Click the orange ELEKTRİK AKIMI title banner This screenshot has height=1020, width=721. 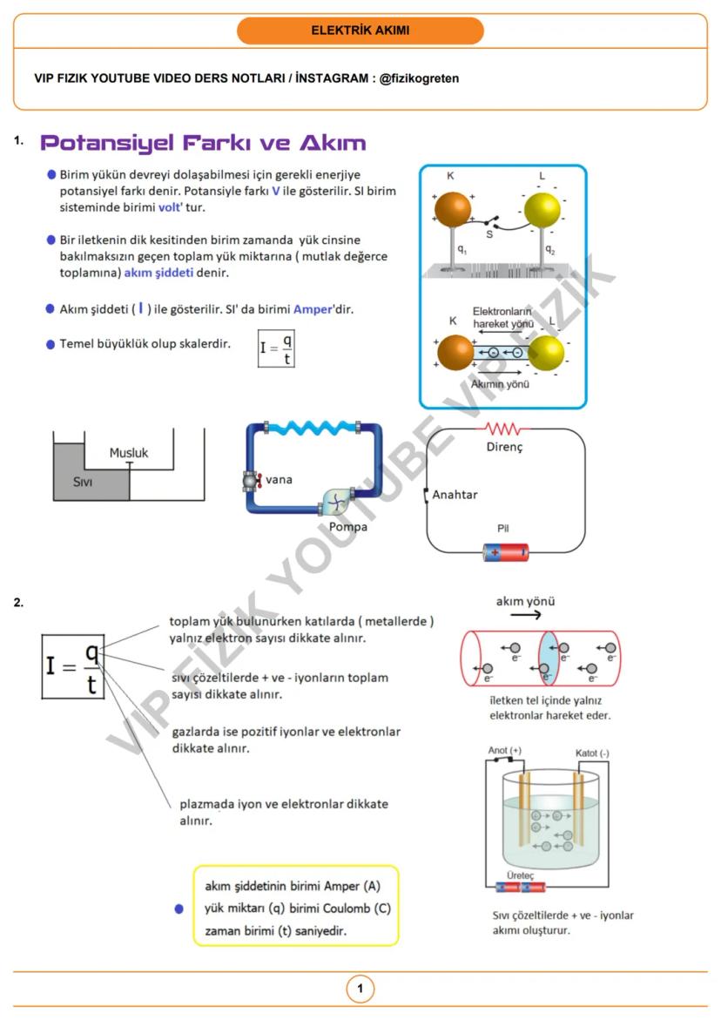pos(360,30)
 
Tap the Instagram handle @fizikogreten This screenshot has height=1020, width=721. pos(419,78)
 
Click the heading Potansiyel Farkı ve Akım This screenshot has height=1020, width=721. pos(203,143)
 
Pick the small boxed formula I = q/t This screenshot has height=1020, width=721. pos(276,348)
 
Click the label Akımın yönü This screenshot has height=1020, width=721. pos(499,384)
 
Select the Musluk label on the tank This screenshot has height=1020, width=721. pos(129,453)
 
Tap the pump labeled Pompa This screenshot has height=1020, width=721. pos(336,503)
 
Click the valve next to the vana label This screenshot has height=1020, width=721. pos(252,480)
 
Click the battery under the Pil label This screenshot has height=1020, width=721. pos(505,551)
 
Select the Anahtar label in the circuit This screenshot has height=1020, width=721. pos(455,495)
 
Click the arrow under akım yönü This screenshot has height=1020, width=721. pos(525,615)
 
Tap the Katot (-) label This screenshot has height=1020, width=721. pos(592,753)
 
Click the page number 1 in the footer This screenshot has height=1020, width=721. pos(360,989)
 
